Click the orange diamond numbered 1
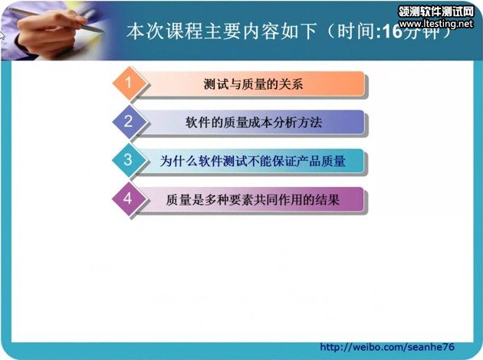(130, 83)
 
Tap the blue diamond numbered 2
(130, 122)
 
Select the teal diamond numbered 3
(129, 160)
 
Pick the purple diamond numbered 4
(129, 199)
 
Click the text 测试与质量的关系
(253, 84)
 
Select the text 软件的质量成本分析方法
(254, 123)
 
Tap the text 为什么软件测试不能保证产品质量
(252, 161)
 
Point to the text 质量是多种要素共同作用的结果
(252, 200)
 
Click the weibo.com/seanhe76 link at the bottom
(387, 347)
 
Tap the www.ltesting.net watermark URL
(436, 24)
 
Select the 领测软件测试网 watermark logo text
(436, 11)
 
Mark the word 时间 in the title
(356, 31)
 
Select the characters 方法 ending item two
(310, 123)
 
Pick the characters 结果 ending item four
(327, 200)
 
